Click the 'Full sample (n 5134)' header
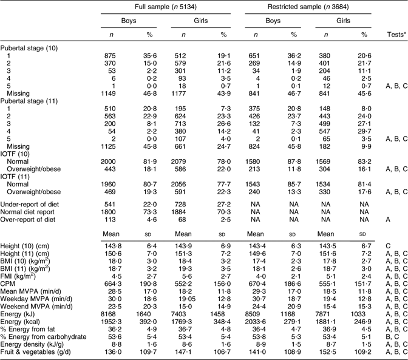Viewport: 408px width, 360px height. coord(160,6)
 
